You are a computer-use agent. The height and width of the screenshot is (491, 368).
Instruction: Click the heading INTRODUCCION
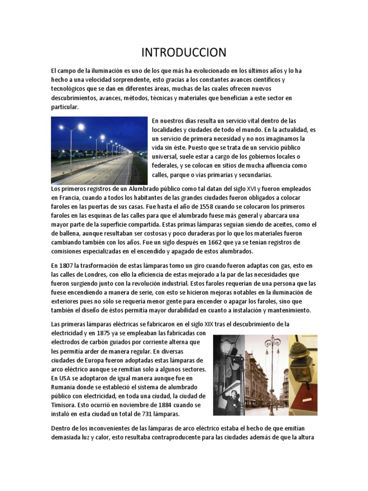tap(184, 52)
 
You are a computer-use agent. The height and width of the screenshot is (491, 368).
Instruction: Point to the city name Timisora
tap(65, 405)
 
